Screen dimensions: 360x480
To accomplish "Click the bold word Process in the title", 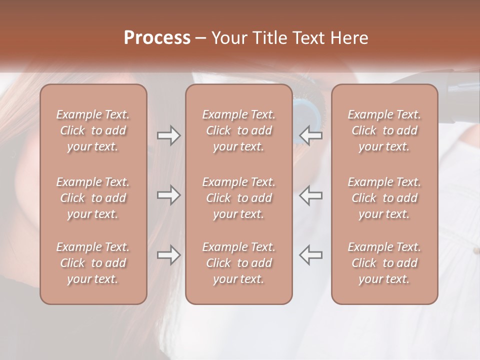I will coord(157,38).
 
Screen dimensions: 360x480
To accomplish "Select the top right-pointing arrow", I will coord(168,135).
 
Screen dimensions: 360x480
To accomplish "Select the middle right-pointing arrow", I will coord(168,195).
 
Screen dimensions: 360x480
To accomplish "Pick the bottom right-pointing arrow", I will coord(168,255).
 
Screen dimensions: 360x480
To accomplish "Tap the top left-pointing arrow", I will coord(311,135).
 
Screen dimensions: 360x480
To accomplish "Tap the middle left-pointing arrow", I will coord(311,195).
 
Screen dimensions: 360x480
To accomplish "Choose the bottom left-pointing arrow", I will coord(311,255).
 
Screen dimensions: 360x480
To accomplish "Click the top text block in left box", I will coord(93,130).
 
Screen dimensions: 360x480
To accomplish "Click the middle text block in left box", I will coord(93,198).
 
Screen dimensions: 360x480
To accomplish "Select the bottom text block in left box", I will coord(93,263).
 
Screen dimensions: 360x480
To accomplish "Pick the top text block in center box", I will coord(238,130).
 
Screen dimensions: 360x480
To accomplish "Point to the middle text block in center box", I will coord(238,198).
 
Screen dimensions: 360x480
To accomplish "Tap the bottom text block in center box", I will coord(238,263).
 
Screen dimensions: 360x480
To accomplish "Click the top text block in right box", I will coord(384,130).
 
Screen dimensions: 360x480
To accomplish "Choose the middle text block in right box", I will coord(384,198).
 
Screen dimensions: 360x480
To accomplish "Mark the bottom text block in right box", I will coord(384,263).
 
